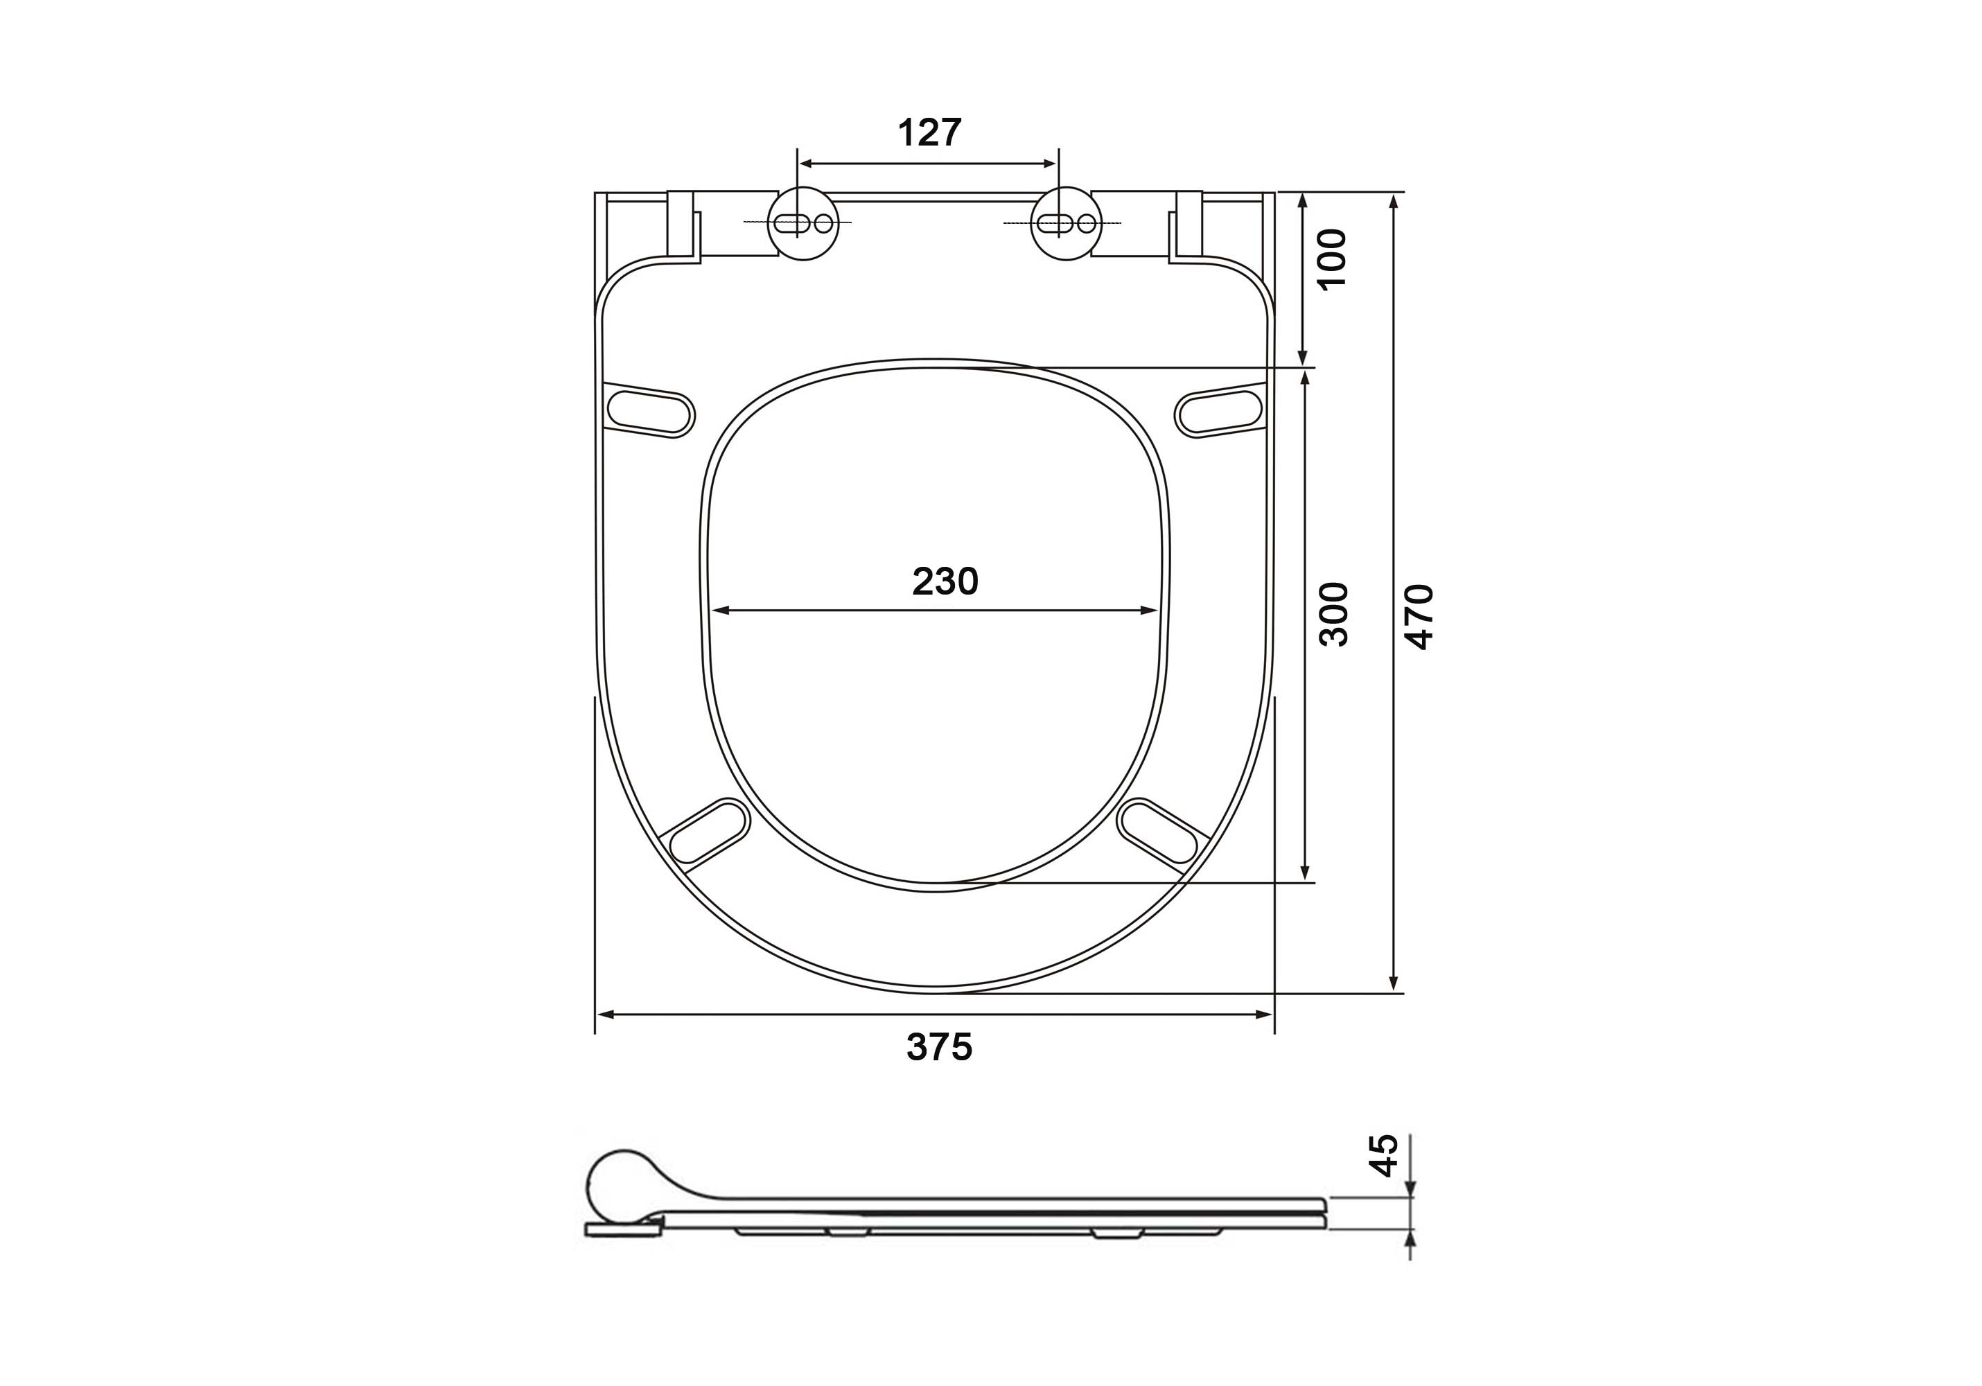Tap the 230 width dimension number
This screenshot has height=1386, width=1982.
click(x=945, y=581)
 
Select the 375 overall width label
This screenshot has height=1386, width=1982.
click(x=939, y=1047)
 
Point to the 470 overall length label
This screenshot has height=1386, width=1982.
click(x=1420, y=616)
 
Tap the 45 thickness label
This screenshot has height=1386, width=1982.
click(x=1385, y=1155)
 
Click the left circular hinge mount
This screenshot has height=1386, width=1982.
click(x=803, y=224)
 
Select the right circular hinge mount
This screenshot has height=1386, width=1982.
click(x=1067, y=224)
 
